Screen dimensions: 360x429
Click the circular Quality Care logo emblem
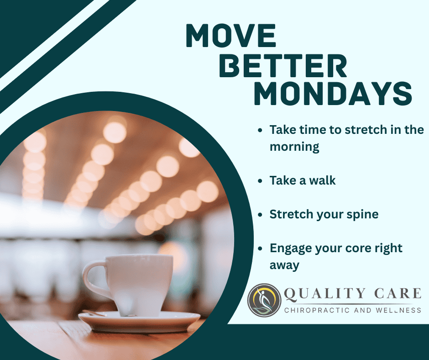[x=264, y=300]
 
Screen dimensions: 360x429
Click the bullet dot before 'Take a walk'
[x=260, y=181]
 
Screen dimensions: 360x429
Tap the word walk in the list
[x=322, y=180]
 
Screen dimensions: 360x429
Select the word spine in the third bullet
[x=364, y=214]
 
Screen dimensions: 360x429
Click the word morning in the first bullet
[x=294, y=147]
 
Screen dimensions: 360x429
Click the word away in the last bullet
[x=284, y=265]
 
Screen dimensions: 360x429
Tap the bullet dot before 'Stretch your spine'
[x=260, y=215]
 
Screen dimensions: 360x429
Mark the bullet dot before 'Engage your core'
[x=260, y=249]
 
